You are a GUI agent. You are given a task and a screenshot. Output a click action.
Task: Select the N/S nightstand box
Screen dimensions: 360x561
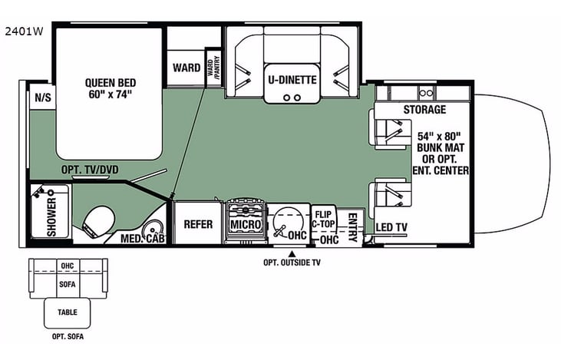(x=39, y=97)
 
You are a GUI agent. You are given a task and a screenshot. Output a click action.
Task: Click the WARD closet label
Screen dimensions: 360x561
(x=186, y=68)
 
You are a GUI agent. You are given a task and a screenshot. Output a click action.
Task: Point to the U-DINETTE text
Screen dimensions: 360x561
(x=291, y=78)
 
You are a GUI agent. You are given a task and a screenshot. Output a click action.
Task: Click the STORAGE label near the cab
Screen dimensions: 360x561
(x=424, y=110)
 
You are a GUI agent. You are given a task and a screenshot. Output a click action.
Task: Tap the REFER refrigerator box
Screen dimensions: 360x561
(x=197, y=224)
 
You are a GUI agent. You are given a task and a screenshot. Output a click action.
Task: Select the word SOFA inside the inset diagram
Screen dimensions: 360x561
(x=68, y=282)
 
